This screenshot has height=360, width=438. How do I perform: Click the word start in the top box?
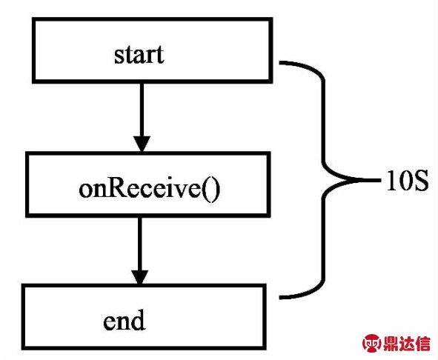(139, 55)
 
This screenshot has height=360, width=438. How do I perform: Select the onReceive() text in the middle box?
(150, 189)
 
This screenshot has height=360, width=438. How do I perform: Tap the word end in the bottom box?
(125, 320)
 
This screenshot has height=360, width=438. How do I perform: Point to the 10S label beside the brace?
(408, 181)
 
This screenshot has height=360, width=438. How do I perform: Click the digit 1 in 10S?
(391, 181)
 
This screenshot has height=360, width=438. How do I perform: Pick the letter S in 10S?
(421, 181)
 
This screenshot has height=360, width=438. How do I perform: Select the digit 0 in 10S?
(405, 181)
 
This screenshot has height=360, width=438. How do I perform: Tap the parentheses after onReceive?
(211, 190)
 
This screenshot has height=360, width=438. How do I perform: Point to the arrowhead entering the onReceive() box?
(142, 144)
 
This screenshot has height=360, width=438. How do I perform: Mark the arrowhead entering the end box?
(139, 278)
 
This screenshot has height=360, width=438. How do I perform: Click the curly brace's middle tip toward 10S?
(380, 180)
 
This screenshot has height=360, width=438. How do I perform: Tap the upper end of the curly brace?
(280, 62)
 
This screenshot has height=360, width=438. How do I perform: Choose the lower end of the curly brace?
(280, 298)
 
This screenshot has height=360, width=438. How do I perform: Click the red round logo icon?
(371, 343)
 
